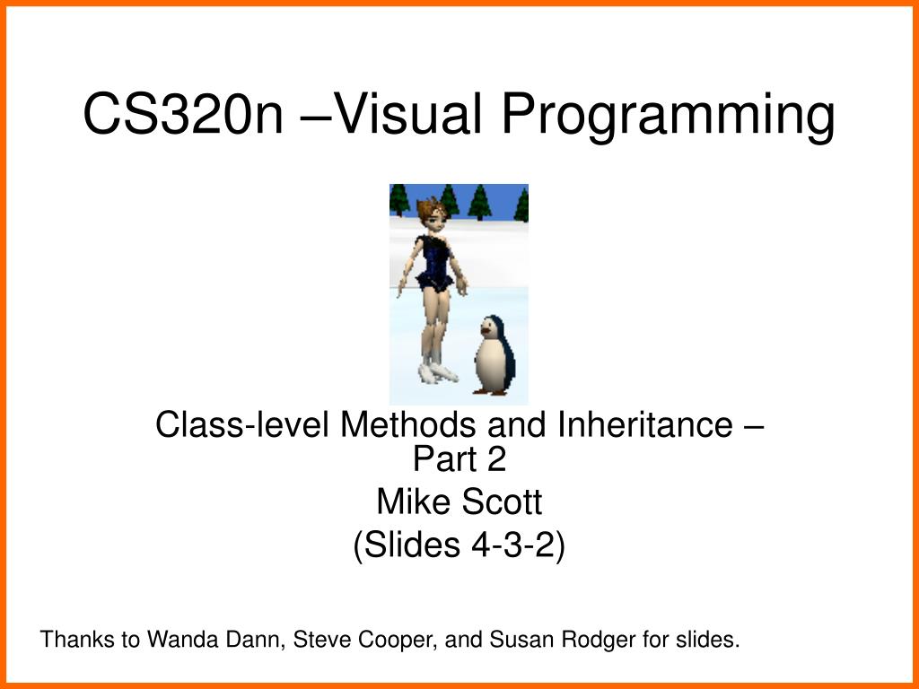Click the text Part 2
(x=459, y=459)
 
